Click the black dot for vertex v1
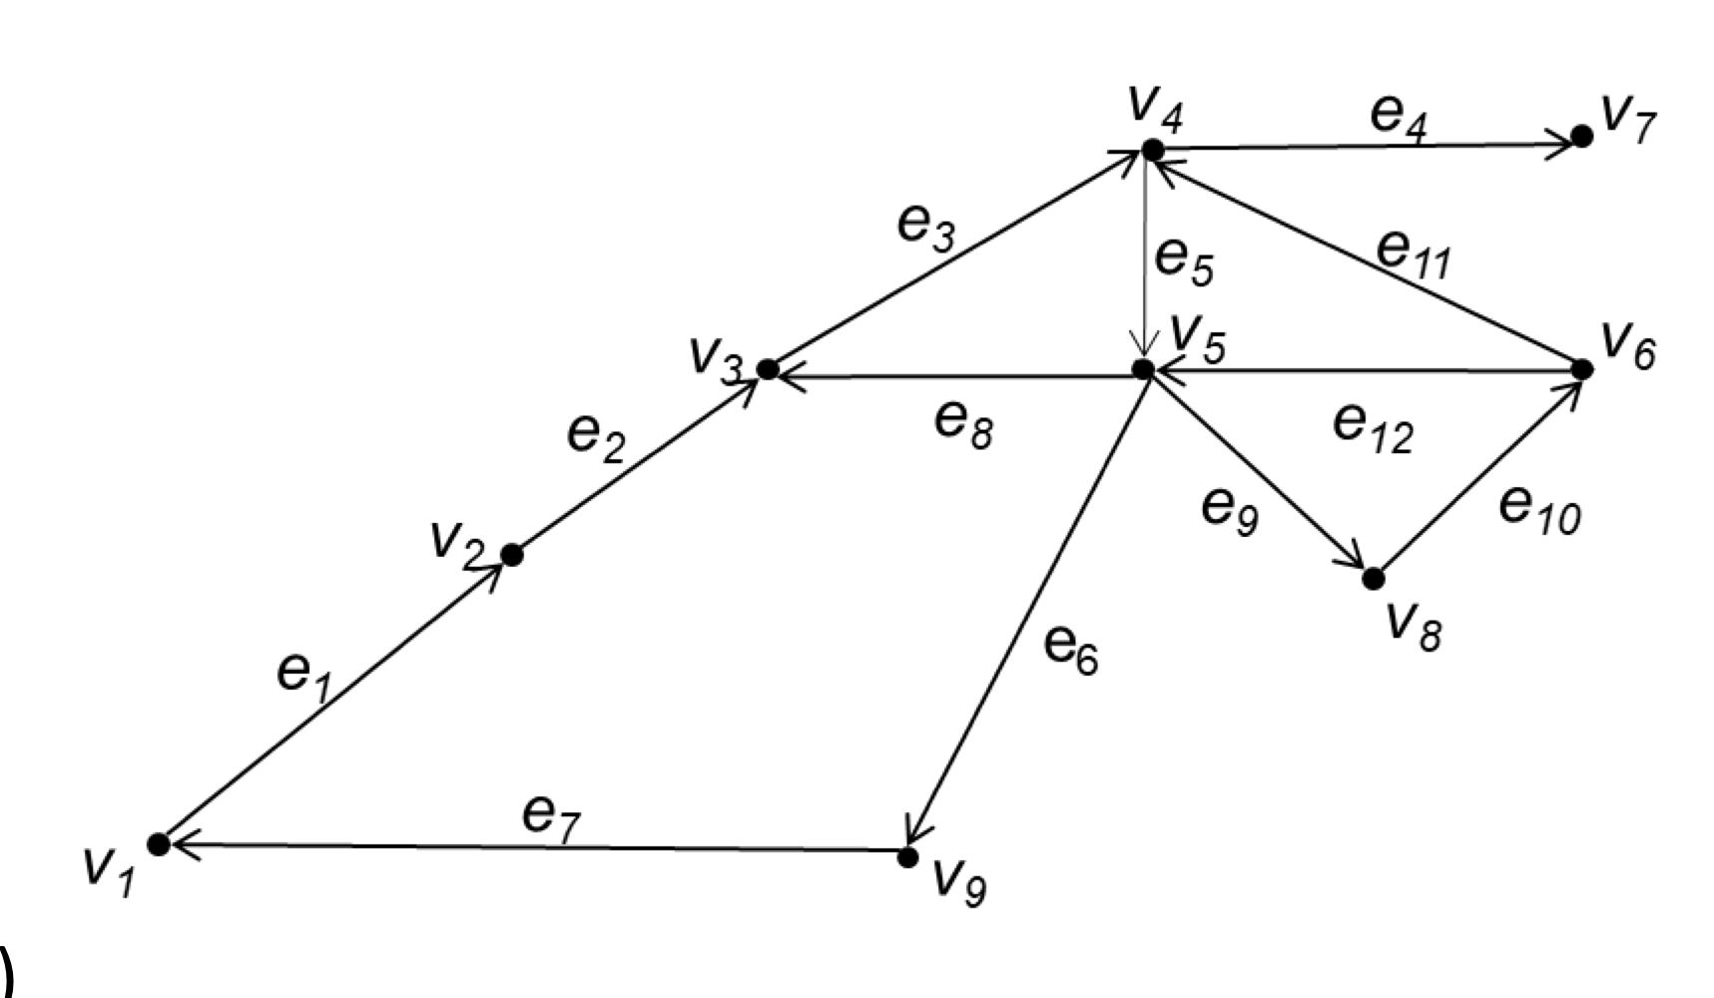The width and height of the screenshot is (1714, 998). tap(159, 844)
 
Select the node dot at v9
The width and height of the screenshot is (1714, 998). tap(907, 856)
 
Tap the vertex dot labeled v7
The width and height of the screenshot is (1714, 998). tap(1581, 136)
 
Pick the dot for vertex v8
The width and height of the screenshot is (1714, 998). tap(1374, 578)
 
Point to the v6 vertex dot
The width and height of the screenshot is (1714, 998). tap(1581, 369)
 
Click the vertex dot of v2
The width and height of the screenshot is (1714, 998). tap(511, 555)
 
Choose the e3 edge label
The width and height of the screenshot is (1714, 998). tap(925, 227)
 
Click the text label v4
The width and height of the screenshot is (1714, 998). tap(1155, 110)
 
